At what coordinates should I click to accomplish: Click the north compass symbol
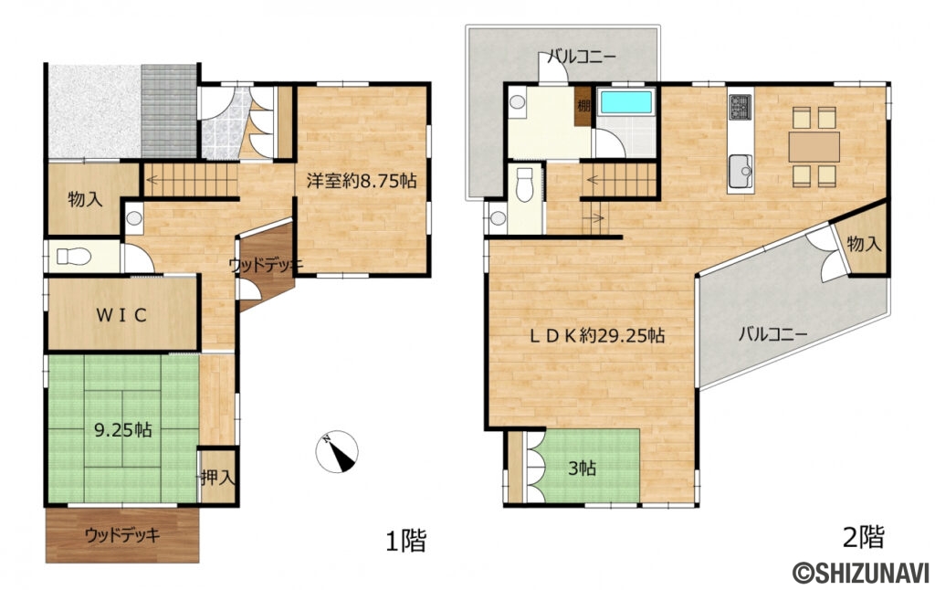337,451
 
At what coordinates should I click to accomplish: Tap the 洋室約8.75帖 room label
362,181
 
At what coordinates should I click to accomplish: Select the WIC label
121,315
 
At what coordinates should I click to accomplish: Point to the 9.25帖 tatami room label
123,429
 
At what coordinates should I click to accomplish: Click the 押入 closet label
218,477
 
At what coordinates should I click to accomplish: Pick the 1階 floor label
406,541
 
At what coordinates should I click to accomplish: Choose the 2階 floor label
863,537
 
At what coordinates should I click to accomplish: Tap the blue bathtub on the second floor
626,102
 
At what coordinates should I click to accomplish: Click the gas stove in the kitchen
740,108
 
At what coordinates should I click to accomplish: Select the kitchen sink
741,171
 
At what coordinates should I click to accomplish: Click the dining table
814,147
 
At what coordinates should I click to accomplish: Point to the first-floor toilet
74,257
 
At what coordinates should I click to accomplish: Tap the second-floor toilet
524,184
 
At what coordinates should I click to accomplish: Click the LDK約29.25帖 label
597,336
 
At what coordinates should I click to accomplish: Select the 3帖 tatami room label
582,469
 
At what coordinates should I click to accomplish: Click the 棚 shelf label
583,106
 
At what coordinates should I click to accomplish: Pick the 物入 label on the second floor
864,243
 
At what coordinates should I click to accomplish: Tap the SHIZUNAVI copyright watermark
860,573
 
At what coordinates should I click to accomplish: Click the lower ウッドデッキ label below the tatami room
122,535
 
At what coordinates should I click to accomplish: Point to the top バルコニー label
582,58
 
